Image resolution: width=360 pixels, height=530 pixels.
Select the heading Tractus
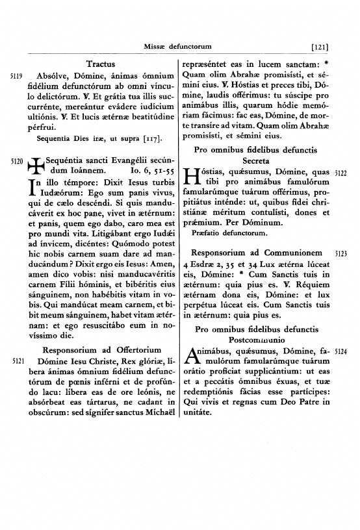tap(100, 64)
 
